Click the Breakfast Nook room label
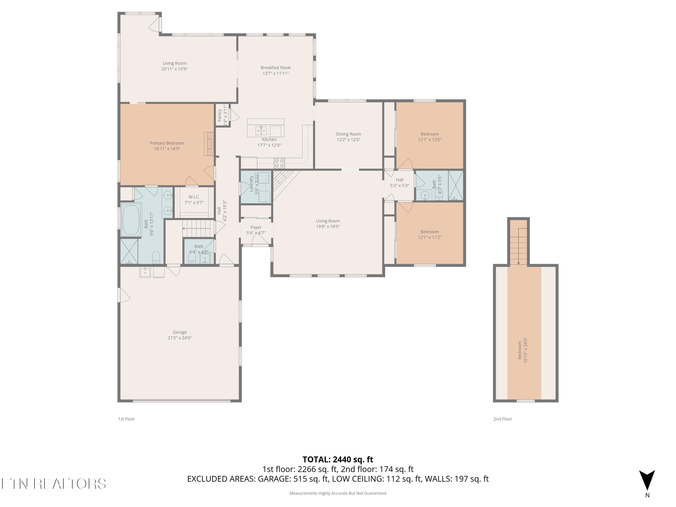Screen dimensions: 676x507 (x=275, y=68)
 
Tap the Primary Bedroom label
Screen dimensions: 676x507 (x=167, y=143)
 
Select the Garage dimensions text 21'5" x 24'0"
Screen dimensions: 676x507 (x=180, y=338)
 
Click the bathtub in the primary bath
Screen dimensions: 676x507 (x=131, y=220)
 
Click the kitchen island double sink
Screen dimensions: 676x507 (x=261, y=131)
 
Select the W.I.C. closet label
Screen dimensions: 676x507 (x=194, y=197)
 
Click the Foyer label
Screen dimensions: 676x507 (x=256, y=227)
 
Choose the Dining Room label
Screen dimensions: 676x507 (x=348, y=134)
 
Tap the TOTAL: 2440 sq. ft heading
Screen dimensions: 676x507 (x=338, y=459)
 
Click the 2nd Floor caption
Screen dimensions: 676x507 (x=502, y=419)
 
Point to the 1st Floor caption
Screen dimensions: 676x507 (x=126, y=419)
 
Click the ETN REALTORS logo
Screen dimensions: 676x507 (x=54, y=484)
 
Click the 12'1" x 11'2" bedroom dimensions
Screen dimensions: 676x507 (x=430, y=237)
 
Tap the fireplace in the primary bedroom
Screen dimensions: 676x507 (x=209, y=144)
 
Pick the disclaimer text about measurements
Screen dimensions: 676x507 (x=338, y=493)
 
